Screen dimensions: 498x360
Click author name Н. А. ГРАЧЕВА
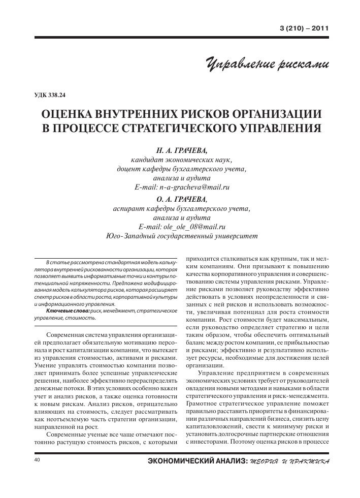[182, 150]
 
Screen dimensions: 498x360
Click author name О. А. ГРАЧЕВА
[182, 199]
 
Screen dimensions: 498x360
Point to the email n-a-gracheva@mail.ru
[195, 187]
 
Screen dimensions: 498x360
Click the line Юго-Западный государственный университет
[182, 236]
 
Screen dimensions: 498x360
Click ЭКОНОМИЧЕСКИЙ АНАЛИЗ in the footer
[196, 461]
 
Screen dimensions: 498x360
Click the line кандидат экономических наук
[182, 160]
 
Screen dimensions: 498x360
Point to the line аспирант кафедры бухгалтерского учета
[182, 208]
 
